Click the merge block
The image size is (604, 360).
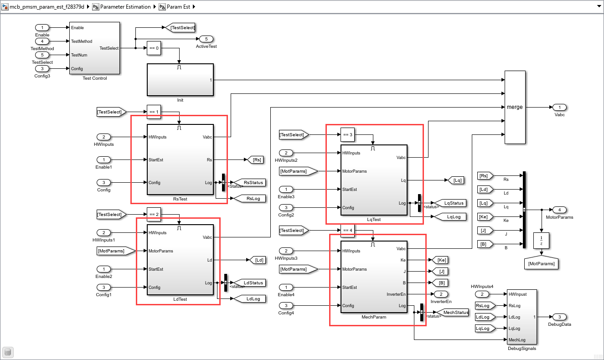(515, 107)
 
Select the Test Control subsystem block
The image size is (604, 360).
(94, 48)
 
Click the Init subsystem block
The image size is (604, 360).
(180, 80)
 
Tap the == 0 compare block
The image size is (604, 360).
(154, 48)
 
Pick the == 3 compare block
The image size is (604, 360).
(347, 134)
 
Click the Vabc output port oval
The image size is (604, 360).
(559, 107)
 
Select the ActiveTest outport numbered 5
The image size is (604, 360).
(206, 39)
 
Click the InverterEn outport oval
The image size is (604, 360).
(441, 294)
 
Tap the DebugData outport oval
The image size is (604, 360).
(559, 317)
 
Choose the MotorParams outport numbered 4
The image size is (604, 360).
(559, 210)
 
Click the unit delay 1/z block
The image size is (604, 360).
(541, 240)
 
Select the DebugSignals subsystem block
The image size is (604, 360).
(522, 317)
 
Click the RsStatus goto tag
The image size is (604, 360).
(249, 182)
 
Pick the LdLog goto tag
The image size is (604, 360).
(249, 299)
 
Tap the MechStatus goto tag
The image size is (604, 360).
(452, 312)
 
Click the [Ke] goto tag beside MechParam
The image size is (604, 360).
(440, 260)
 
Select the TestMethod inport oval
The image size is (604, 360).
(42, 41)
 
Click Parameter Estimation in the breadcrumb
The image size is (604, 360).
(125, 7)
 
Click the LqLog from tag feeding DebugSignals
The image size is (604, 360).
(485, 328)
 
